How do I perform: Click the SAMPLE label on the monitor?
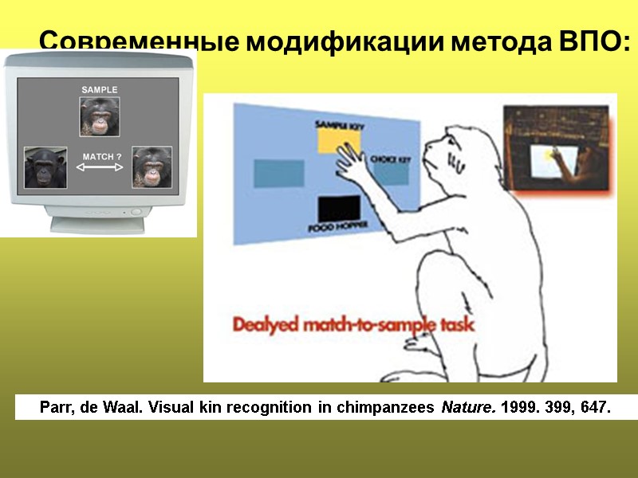coord(100,90)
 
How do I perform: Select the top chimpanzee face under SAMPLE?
coord(100,116)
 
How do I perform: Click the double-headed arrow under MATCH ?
coord(100,168)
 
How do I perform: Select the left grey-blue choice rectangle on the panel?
coord(279,173)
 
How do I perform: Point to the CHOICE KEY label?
coord(390,160)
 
